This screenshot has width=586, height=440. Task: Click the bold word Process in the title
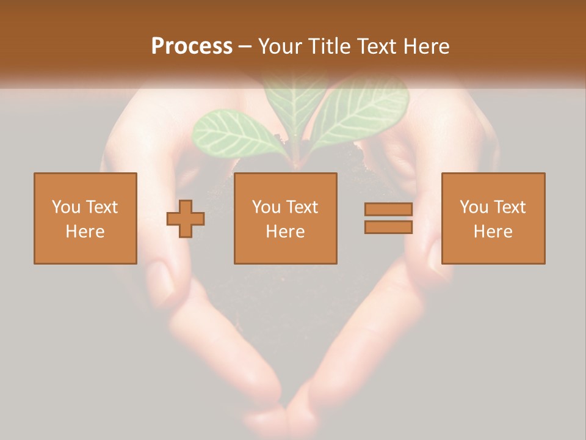[x=192, y=46]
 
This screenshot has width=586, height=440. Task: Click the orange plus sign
[x=186, y=219]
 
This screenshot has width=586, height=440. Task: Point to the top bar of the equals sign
[x=388, y=210]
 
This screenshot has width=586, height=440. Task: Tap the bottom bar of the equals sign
[x=388, y=227]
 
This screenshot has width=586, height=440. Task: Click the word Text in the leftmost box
[x=101, y=207]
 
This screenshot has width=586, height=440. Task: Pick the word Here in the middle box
[x=285, y=232]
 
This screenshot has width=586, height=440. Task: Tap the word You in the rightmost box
[x=473, y=207]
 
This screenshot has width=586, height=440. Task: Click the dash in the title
[x=245, y=46]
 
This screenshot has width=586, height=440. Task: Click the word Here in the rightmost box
[x=493, y=232]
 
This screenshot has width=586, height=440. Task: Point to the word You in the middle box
[x=266, y=207]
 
